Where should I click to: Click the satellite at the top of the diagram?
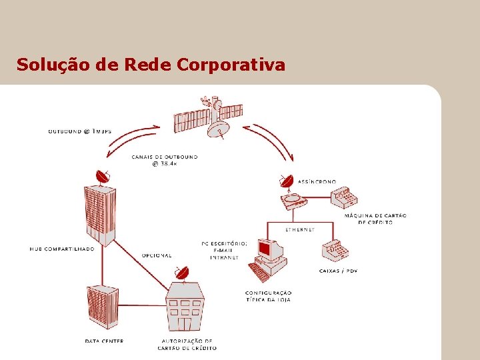click(207, 116)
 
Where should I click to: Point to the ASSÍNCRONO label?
click(317, 181)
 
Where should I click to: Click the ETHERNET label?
click(300, 229)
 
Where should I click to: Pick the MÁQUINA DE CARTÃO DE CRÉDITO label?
click(376, 219)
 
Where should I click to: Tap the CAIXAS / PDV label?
click(339, 271)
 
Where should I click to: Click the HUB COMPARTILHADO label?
click(62, 249)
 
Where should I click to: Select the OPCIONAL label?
click(157, 255)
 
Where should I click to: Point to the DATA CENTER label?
click(104, 341)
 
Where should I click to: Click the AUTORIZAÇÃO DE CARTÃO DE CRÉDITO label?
click(187, 344)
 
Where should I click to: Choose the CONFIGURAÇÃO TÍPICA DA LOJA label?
click(268, 296)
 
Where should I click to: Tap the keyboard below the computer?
click(259, 272)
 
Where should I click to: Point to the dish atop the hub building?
click(102, 177)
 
